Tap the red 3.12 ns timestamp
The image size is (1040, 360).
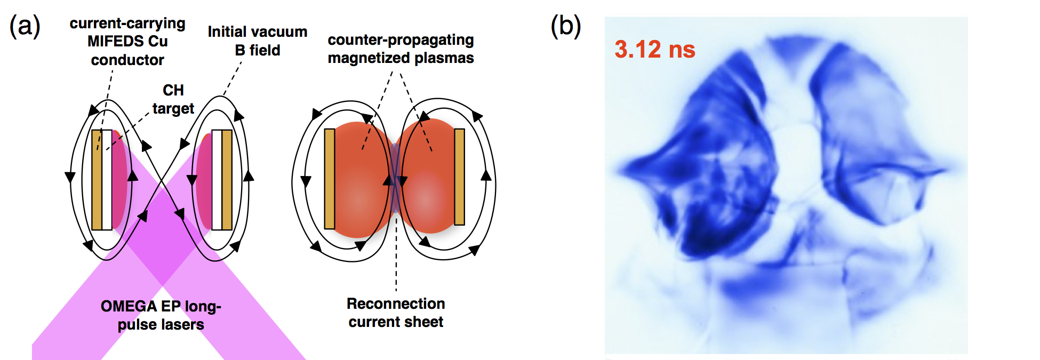pyautogui.click(x=655, y=50)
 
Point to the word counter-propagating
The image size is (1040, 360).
pyautogui.click(x=401, y=41)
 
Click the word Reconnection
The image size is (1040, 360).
pyautogui.click(x=396, y=303)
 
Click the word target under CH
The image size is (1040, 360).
pyautogui.click(x=173, y=109)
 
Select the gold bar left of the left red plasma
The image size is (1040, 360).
pyautogui.click(x=330, y=179)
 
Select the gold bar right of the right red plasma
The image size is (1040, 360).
pyautogui.click(x=459, y=177)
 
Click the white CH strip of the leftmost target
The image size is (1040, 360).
pyautogui.click(x=107, y=180)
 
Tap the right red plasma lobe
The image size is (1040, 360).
pyautogui.click(x=427, y=177)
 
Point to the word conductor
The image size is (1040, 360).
pyautogui.click(x=127, y=60)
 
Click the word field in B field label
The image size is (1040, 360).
pyautogui.click(x=265, y=51)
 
